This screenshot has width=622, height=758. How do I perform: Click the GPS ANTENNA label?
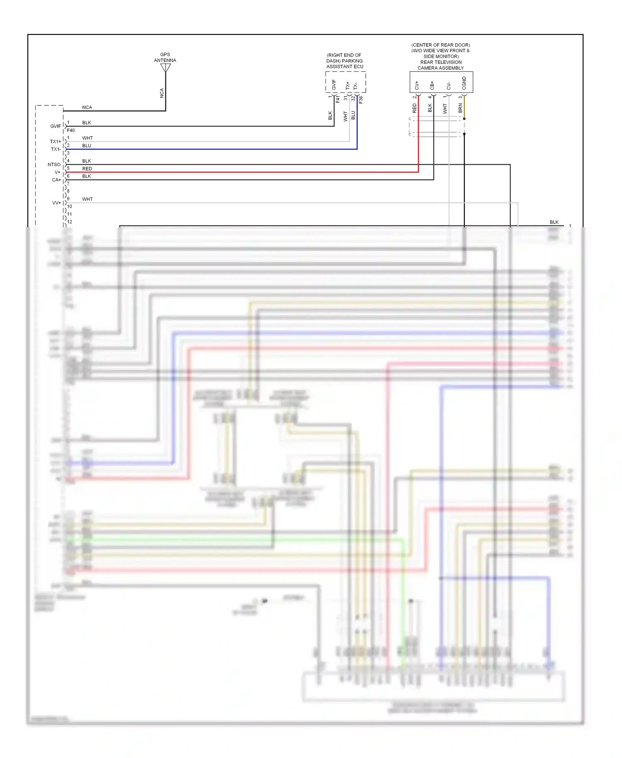point(165,57)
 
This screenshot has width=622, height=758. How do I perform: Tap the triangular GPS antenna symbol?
point(165,68)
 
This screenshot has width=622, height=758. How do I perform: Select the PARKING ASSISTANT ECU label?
point(345,61)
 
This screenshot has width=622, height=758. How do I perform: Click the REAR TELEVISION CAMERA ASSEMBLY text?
point(441,65)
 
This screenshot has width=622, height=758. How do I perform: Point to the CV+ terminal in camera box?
point(417,85)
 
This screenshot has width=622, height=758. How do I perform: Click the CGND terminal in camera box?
point(464,83)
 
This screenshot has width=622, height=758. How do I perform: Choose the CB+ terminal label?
point(432,85)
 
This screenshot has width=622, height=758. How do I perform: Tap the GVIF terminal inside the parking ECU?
point(334,85)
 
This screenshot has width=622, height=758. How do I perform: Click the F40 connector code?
point(71,130)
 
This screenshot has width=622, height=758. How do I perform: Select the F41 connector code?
point(338,100)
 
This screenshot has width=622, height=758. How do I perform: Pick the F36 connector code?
point(361,100)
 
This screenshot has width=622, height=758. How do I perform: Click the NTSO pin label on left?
point(54,165)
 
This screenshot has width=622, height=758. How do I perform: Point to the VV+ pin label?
point(56,203)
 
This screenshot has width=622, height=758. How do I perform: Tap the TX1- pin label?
point(56,149)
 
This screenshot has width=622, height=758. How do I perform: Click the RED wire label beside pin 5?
point(87,169)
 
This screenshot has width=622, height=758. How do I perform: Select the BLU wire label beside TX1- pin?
point(87,146)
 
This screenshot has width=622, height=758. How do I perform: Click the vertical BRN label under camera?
point(460,108)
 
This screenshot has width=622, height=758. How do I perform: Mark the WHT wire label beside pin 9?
point(87,199)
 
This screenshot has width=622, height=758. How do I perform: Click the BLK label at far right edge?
point(554,222)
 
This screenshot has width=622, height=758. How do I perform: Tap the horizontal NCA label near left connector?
point(87,107)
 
